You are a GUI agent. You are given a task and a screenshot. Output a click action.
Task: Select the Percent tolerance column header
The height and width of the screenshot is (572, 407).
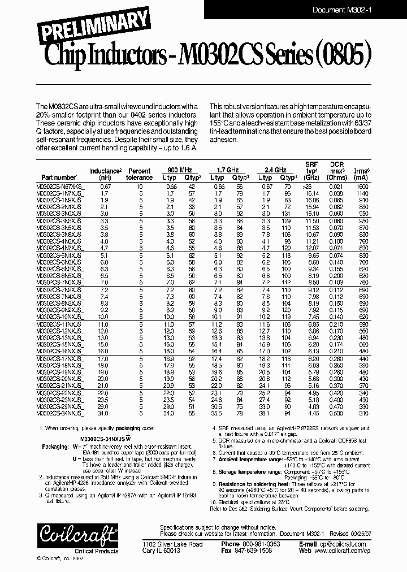pyautogui.click(x=140, y=174)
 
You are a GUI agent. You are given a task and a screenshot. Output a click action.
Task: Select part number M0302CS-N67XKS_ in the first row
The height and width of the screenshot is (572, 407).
pyautogui.click(x=62, y=186)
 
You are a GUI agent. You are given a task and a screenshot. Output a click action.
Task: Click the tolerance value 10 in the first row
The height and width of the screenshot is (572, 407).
pyautogui.click(x=140, y=186)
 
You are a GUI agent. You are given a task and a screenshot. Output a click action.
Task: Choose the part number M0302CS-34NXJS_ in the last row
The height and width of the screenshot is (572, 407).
pyautogui.click(x=62, y=413)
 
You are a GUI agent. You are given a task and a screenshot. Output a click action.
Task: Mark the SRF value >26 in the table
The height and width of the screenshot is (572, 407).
pyautogui.click(x=323, y=186)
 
